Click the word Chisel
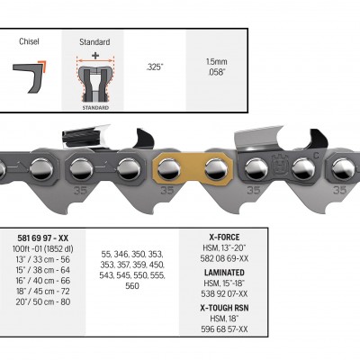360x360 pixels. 29,41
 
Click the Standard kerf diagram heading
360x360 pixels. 94,42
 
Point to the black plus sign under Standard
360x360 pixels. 95,55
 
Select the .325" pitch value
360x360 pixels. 155,67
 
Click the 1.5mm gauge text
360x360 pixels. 217,62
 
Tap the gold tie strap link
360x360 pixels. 193,169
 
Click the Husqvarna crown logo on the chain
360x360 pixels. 280,165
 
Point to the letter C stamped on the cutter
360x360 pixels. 316,156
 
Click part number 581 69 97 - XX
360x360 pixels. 43,238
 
